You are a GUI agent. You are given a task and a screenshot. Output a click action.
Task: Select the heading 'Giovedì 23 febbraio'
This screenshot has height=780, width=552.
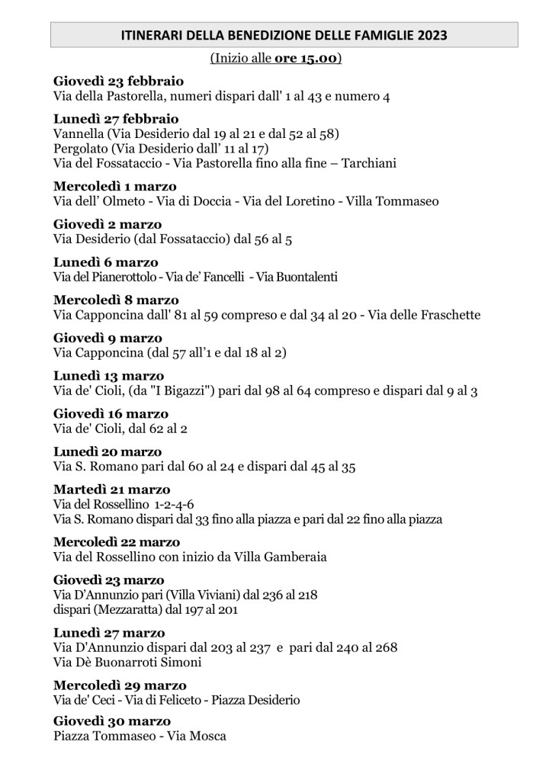click(x=118, y=82)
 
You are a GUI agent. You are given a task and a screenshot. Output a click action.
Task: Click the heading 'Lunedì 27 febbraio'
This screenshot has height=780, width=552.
click(x=116, y=119)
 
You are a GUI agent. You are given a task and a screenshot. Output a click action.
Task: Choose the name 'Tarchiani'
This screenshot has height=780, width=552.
click(x=369, y=163)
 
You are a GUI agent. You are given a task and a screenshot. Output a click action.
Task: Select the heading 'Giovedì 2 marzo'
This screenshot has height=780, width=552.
click(x=108, y=224)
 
